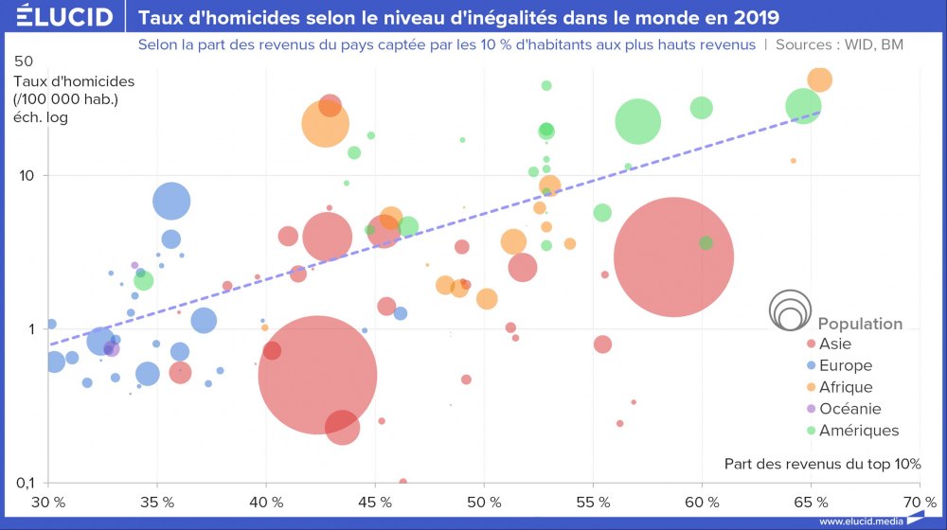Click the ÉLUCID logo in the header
[x=58, y=17]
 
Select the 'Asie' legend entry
[x=835, y=344]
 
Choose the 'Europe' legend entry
[x=845, y=365]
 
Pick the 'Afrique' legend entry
[x=845, y=387]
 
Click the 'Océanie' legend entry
[x=849, y=409]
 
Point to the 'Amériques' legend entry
[x=858, y=431]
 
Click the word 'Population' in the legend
[x=860, y=324]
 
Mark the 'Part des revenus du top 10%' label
[x=822, y=464]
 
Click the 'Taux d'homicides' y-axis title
[x=74, y=81]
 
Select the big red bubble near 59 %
[x=673, y=257]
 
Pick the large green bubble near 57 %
[x=638, y=120]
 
